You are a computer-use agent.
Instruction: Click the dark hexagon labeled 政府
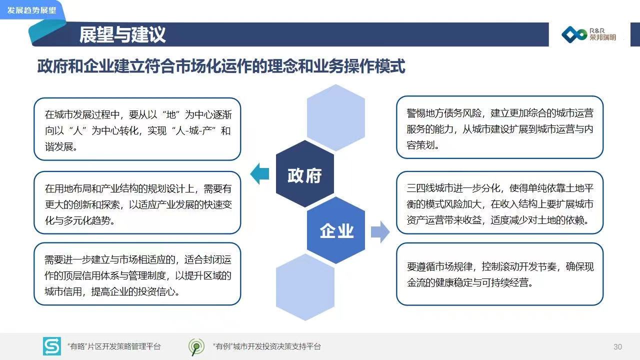point(305,173)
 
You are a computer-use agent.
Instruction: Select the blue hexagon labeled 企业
point(336,230)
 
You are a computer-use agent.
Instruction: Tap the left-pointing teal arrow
point(259,173)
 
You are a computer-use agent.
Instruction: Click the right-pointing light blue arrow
point(380,231)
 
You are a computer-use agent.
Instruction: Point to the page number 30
point(617,347)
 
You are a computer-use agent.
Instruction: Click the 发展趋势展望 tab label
point(31,10)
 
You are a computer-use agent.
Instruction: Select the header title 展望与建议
point(122,34)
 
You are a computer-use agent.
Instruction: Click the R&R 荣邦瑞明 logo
point(589,34)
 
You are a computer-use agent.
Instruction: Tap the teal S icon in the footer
point(51,346)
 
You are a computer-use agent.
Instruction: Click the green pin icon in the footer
point(196,347)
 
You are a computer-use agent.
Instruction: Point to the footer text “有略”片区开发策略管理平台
point(114,346)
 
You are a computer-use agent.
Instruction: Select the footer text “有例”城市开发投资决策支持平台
point(267,346)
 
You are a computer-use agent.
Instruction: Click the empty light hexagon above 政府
point(336,117)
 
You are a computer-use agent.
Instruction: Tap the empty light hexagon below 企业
point(305,287)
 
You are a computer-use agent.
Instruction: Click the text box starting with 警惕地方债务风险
point(499,127)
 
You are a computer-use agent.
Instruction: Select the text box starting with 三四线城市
point(499,202)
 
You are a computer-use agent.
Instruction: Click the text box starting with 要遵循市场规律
point(499,274)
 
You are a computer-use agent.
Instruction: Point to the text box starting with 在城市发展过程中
point(137,129)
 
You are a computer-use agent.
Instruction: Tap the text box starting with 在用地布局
point(137,202)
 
